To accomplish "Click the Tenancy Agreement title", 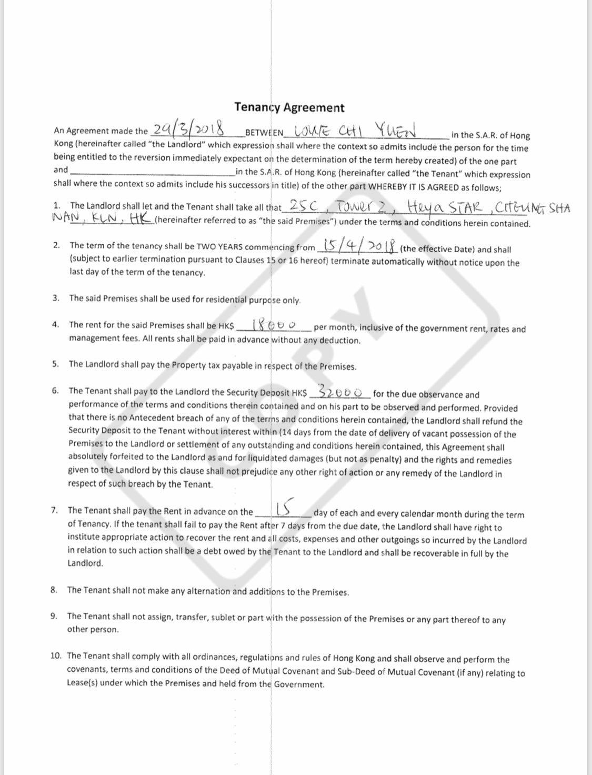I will coord(289,107).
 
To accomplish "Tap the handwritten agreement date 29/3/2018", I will coord(188,128).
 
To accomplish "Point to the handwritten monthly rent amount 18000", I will coord(274,325).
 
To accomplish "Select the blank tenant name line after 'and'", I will coord(153,172).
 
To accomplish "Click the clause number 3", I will coord(56,298).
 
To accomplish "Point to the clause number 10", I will coord(56,655).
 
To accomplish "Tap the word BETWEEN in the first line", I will coord(265,132).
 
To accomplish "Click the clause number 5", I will coord(55,364).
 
